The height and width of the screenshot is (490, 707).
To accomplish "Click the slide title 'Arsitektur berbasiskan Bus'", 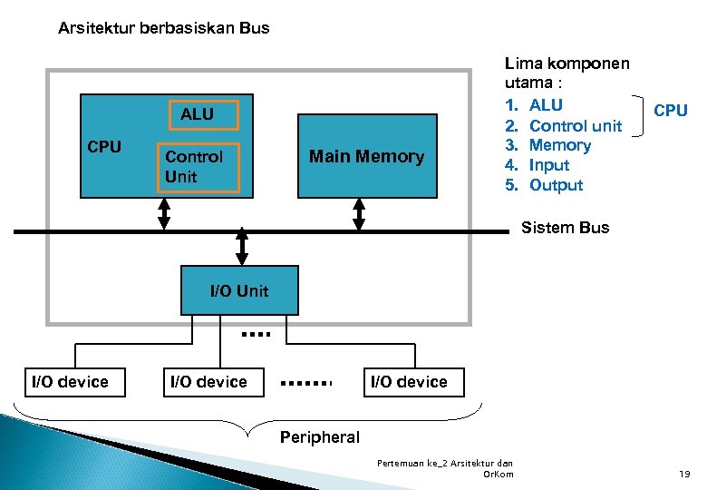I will [163, 28].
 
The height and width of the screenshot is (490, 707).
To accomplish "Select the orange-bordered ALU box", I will [197, 114].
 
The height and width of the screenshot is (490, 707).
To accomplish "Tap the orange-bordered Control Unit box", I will [198, 167].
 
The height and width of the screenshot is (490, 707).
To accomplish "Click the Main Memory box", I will [367, 156].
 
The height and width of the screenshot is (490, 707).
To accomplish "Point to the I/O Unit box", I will [239, 290].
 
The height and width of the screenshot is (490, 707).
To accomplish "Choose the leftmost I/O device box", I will [70, 382].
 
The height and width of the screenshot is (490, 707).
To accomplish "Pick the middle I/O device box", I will [208, 382].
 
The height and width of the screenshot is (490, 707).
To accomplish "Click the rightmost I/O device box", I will [409, 382].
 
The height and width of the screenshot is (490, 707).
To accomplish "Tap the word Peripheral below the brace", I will [319, 437].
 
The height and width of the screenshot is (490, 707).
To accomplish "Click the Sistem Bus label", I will [565, 228].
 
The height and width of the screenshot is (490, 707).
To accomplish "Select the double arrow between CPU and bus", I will [164, 214].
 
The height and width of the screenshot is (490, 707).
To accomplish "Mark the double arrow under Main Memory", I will [359, 214].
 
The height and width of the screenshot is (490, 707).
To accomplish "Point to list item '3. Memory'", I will [548, 145].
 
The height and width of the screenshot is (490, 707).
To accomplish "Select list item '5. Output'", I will [545, 185].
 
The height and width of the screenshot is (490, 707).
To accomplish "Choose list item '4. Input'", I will [538, 165].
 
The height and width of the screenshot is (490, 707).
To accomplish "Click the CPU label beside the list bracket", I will [670, 111].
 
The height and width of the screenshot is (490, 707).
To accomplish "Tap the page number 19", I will [684, 474].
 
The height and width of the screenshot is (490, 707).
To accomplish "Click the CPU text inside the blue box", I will [104, 147].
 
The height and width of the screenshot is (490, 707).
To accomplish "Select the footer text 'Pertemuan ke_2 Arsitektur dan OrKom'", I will [445, 468].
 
